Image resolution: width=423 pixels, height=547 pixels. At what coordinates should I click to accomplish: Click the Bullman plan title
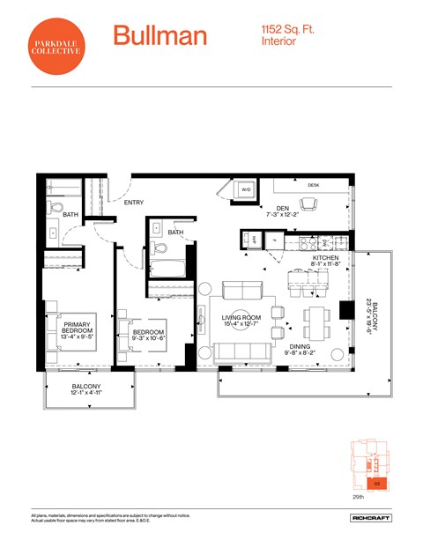click(160, 36)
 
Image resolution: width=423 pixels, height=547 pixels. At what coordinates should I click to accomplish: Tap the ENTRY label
click(134, 203)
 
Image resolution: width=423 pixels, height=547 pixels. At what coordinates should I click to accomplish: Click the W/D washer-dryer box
click(246, 190)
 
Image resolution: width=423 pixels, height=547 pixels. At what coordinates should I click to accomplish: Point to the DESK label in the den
click(313, 185)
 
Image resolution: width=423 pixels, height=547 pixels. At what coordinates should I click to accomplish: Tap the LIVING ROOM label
click(240, 317)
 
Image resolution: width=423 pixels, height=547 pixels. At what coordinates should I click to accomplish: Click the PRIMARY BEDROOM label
click(78, 327)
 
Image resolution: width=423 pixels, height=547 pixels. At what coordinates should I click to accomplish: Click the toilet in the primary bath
click(55, 210)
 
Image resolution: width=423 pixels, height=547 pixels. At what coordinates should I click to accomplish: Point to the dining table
click(315, 316)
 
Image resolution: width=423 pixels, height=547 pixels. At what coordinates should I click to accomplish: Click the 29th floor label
click(357, 497)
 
